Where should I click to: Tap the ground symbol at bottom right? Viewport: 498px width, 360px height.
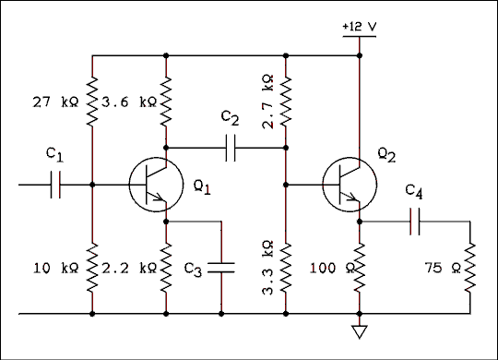(360, 330)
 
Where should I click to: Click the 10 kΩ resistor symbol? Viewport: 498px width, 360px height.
(93, 268)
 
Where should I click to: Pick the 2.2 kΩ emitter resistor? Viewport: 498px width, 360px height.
(166, 268)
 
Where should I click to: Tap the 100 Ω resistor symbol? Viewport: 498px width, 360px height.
(360, 268)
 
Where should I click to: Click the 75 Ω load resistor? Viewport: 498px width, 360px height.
(470, 268)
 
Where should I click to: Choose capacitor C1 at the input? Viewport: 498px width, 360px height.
(55, 185)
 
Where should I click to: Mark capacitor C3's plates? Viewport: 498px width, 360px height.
(222, 268)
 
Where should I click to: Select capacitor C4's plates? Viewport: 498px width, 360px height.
(415, 222)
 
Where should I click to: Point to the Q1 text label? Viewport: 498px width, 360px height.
(202, 188)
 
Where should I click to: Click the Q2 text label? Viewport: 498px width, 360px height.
(386, 157)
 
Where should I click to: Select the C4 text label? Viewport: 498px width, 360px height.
(414, 193)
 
